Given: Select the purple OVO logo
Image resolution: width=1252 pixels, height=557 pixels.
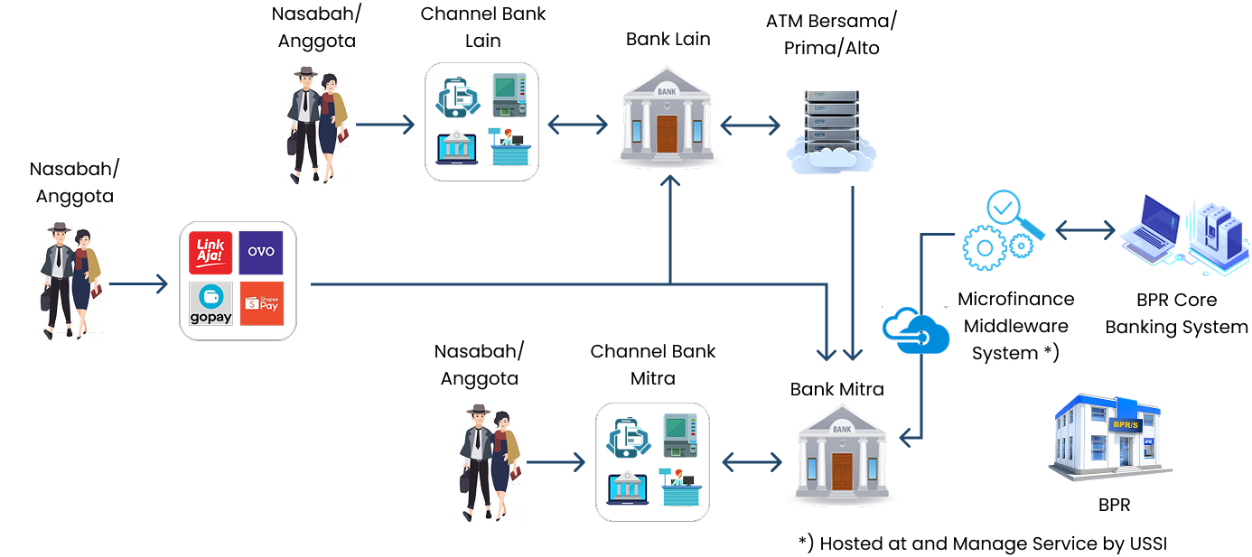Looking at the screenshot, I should point(261,253).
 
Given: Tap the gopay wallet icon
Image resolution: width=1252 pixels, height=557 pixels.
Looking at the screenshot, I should point(210,303).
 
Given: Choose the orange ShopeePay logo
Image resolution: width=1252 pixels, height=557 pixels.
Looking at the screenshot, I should point(261,303).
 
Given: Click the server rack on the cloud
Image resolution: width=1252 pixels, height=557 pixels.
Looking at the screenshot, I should point(830,117).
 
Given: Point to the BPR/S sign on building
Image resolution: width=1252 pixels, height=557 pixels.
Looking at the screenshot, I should point(1126,422).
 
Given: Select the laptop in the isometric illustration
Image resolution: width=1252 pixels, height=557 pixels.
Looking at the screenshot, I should point(1152,227).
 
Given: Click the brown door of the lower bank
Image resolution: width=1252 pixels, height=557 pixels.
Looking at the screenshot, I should point(842,473).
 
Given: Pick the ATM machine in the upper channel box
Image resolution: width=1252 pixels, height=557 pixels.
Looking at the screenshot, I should point(508,94).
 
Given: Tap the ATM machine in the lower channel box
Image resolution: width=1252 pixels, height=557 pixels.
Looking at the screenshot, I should point(679,434).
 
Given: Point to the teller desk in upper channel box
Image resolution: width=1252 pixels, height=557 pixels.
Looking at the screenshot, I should point(507,146).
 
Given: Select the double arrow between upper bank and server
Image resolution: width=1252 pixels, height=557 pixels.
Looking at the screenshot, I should point(750,125).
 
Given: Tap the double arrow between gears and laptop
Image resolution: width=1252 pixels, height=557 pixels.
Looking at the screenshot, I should point(1085,231).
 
